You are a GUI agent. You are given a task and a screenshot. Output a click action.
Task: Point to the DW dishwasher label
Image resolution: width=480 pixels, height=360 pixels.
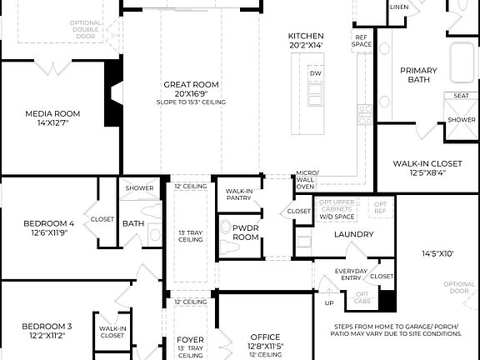pyautogui.click(x=315, y=74)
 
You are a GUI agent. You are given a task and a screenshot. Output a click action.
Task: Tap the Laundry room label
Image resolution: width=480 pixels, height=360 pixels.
pyautogui.click(x=354, y=234)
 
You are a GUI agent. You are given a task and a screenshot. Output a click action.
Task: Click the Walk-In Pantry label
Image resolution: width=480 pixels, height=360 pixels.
pyautogui.click(x=239, y=194)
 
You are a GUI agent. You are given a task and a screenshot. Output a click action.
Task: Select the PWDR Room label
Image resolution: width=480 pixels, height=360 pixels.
pyautogui.click(x=245, y=232)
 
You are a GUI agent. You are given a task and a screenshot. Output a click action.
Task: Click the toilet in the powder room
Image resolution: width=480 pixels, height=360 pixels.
pyautogui.click(x=227, y=227)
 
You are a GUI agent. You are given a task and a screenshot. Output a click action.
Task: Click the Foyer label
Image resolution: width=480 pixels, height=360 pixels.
pyautogui.click(x=190, y=340)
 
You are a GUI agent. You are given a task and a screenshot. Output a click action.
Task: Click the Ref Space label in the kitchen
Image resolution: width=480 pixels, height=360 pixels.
pyautogui.click(x=362, y=41)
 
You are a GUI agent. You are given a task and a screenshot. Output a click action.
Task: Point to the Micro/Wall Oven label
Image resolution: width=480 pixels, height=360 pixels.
pyautogui.click(x=306, y=181)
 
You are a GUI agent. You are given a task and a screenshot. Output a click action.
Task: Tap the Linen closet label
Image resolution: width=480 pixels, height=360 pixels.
pyautogui.click(x=399, y=7)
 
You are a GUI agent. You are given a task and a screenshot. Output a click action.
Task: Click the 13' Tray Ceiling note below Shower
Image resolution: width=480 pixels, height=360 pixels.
pyautogui.click(x=190, y=235)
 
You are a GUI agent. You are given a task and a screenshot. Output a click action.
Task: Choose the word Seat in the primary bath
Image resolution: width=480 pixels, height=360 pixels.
pyautogui.click(x=461, y=96)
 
